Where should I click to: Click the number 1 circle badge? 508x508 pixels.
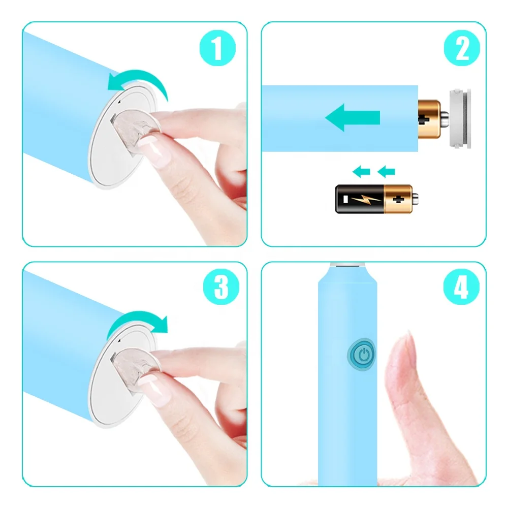coord(217,49)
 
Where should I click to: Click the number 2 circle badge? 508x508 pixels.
coord(461,49)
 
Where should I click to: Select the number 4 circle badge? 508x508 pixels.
coord(461,288)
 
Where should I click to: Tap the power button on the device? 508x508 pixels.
coord(362,355)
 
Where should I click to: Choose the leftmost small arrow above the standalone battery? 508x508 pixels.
coord(361,172)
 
